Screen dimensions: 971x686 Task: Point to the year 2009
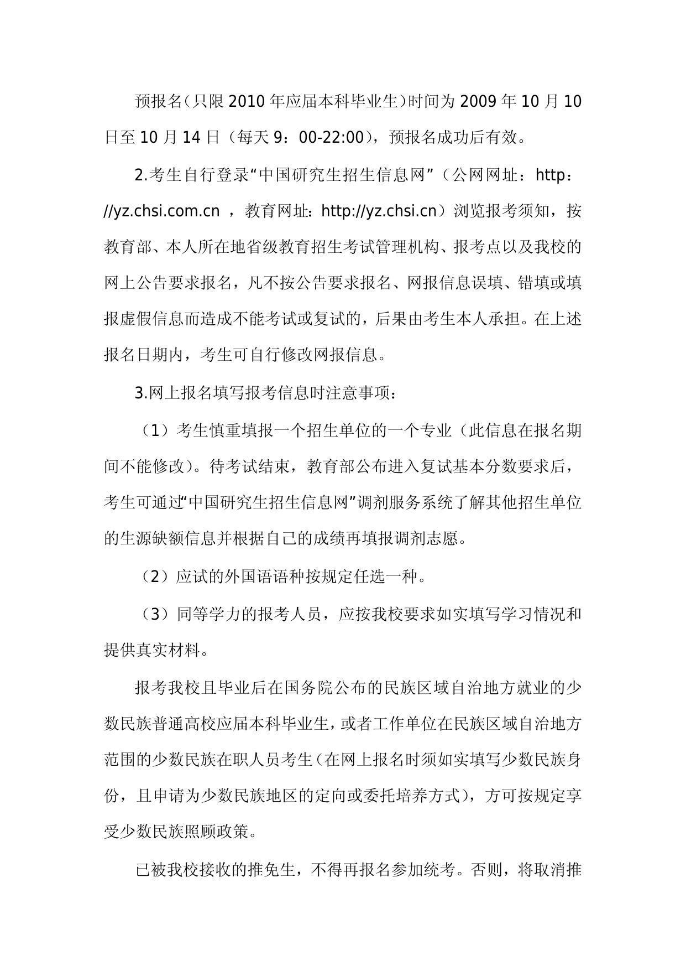(x=479, y=102)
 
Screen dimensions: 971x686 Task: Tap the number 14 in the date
(x=190, y=137)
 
